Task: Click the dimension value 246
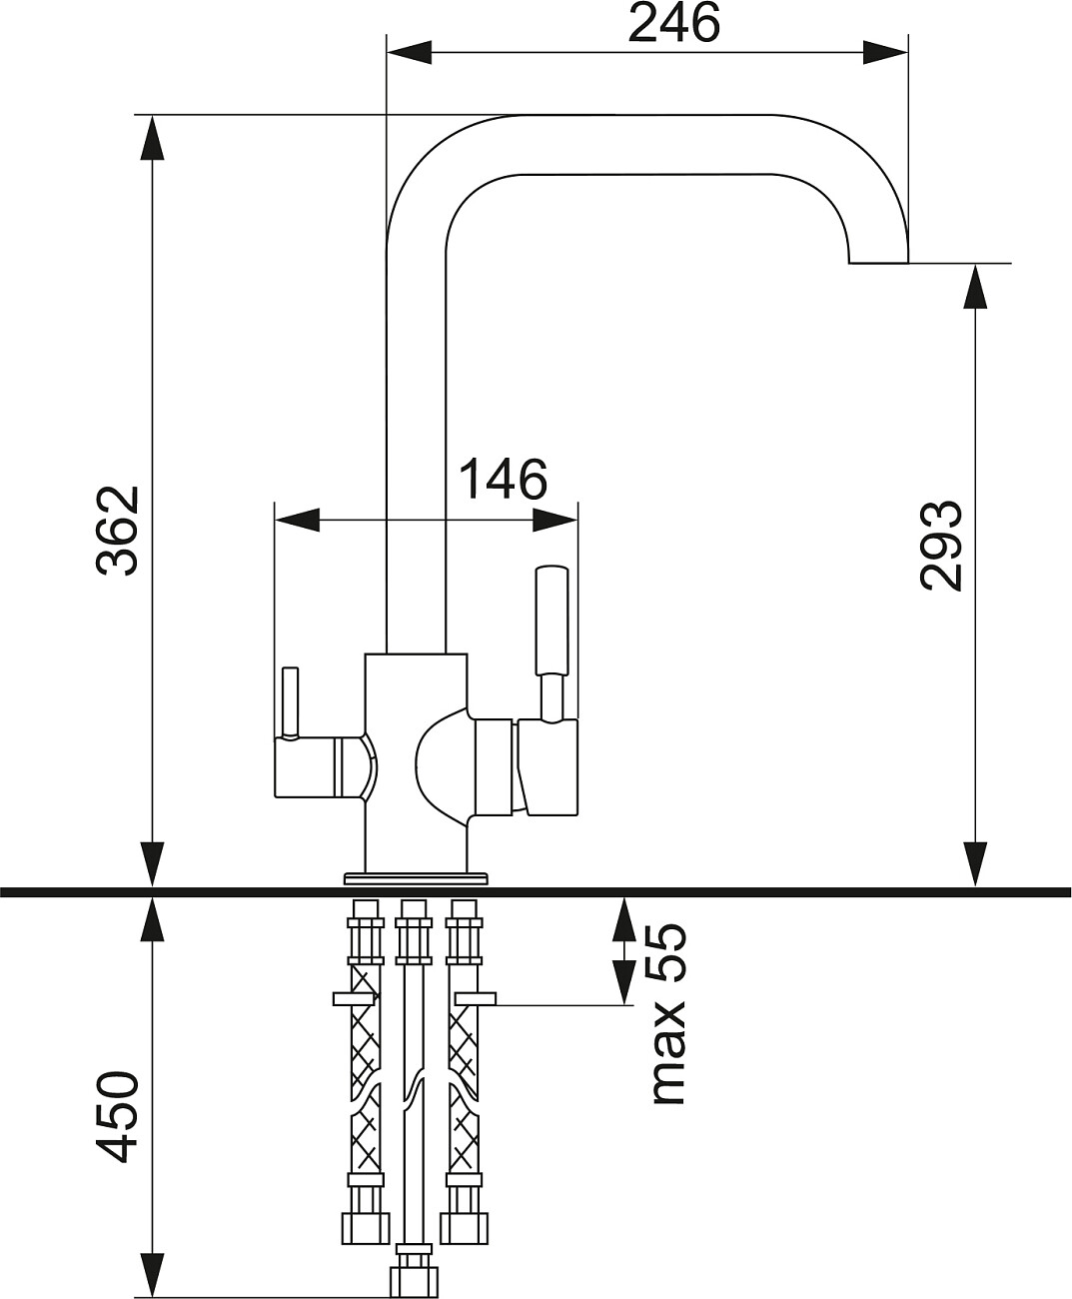(673, 23)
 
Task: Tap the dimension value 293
(941, 545)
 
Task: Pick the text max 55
(668, 1013)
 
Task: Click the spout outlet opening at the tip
(878, 263)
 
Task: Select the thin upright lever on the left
(290, 701)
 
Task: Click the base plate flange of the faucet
(416, 878)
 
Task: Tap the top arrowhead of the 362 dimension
(151, 138)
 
